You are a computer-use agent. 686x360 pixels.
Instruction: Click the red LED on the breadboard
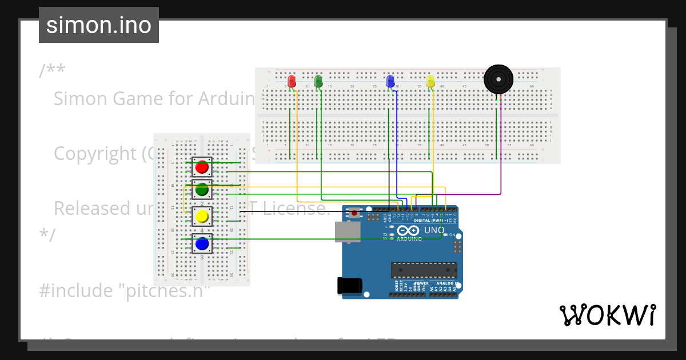point(292,81)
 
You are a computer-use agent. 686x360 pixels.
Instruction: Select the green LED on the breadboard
point(318,81)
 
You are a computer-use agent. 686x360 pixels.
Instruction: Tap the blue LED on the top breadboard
point(390,81)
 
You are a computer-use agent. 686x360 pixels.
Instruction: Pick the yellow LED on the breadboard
point(430,81)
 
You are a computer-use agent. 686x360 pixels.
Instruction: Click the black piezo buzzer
point(498,79)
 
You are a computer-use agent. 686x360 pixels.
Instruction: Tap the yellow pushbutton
point(201,217)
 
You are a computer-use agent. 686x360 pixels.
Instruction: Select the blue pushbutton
point(201,244)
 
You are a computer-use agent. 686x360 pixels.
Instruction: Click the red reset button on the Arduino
point(355,213)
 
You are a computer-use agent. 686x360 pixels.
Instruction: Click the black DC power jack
point(350,285)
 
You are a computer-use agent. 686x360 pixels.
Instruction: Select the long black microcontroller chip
point(424,270)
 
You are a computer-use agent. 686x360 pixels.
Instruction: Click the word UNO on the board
point(434,230)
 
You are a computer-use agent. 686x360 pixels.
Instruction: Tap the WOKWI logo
point(607,315)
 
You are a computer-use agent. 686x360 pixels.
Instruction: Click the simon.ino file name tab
point(98,25)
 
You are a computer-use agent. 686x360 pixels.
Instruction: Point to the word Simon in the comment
point(80,99)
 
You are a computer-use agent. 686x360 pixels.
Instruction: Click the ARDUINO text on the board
point(409,238)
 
